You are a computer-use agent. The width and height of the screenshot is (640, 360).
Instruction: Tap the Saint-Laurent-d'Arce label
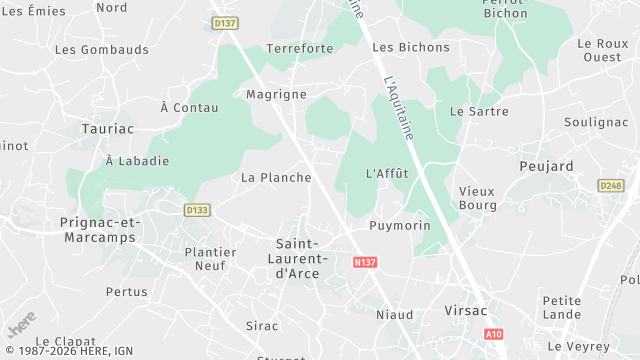[311, 259]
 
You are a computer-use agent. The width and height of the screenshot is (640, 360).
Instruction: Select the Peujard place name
[546, 165]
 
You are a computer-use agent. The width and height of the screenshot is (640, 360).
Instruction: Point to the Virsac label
[466, 311]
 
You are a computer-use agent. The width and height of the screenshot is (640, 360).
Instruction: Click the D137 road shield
[226, 21]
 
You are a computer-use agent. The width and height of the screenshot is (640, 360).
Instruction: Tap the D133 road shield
[197, 210]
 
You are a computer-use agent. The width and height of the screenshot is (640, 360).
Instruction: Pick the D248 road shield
[611, 186]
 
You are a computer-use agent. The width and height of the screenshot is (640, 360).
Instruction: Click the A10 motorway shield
[492, 334]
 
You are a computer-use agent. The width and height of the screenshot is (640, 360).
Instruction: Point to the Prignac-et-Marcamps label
[100, 229]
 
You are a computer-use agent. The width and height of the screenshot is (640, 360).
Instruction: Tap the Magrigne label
[276, 94]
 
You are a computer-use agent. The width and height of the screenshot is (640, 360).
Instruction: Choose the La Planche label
[276, 178]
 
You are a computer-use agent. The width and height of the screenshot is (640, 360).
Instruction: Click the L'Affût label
[387, 173]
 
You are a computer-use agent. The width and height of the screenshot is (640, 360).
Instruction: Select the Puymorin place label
[399, 226]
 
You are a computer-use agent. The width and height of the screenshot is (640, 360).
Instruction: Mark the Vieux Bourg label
[477, 198]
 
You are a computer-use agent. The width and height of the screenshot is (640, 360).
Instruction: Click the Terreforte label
[301, 48]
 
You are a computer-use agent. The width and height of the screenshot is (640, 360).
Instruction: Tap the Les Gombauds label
[102, 49]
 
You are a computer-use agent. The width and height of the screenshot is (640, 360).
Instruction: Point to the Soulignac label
[595, 122]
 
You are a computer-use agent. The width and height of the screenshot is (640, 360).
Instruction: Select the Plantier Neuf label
[211, 259]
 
